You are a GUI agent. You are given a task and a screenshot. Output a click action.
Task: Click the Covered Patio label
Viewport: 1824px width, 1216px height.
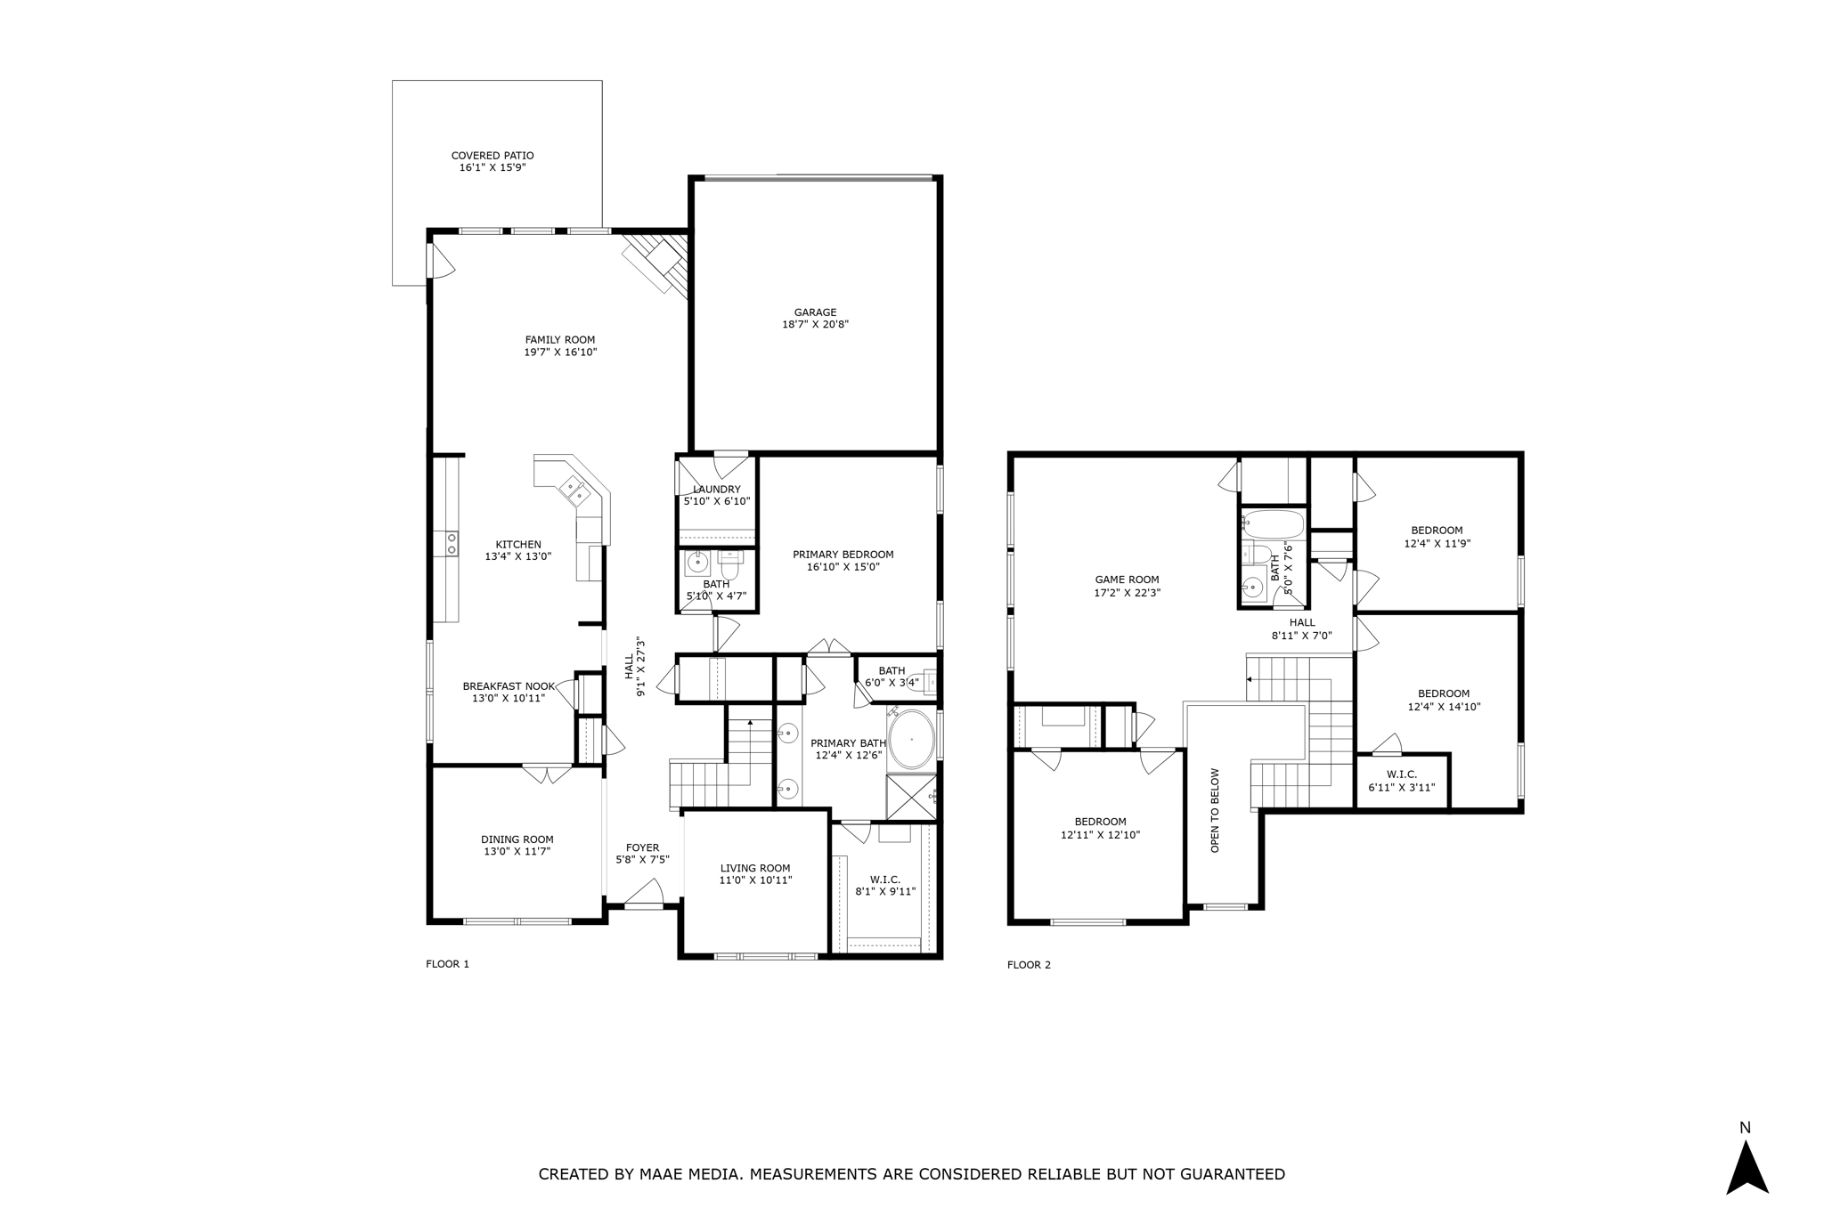point(493,156)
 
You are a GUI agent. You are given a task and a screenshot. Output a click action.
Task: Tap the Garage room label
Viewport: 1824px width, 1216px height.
point(815,312)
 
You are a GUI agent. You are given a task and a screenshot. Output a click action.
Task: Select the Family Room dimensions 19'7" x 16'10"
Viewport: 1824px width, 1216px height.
point(560,353)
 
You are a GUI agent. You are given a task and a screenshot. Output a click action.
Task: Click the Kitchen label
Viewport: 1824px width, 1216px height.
point(518,545)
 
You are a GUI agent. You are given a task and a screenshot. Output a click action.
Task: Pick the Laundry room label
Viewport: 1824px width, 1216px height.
point(717,490)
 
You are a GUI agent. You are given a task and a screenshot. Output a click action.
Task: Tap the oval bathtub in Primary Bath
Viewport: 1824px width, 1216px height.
point(911,739)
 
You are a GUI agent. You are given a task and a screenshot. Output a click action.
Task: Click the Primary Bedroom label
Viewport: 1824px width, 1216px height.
point(843,555)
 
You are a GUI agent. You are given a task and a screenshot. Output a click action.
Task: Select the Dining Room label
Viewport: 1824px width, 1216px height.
point(517,839)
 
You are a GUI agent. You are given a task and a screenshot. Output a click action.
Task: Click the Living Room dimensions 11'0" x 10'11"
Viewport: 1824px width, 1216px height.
point(755,880)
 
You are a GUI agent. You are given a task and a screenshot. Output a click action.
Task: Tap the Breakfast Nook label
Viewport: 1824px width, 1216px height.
point(509,686)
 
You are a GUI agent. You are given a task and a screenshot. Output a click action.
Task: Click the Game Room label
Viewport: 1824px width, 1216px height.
point(1127,580)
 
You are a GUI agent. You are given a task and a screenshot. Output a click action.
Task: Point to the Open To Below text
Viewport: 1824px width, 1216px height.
point(1215,810)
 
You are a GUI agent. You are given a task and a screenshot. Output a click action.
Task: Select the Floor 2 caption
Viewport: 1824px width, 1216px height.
point(1029,965)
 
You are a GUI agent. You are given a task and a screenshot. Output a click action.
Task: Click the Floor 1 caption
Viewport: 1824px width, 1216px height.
point(447,964)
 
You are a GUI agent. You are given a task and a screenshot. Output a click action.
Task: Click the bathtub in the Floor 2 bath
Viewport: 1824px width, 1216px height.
point(1273,523)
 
